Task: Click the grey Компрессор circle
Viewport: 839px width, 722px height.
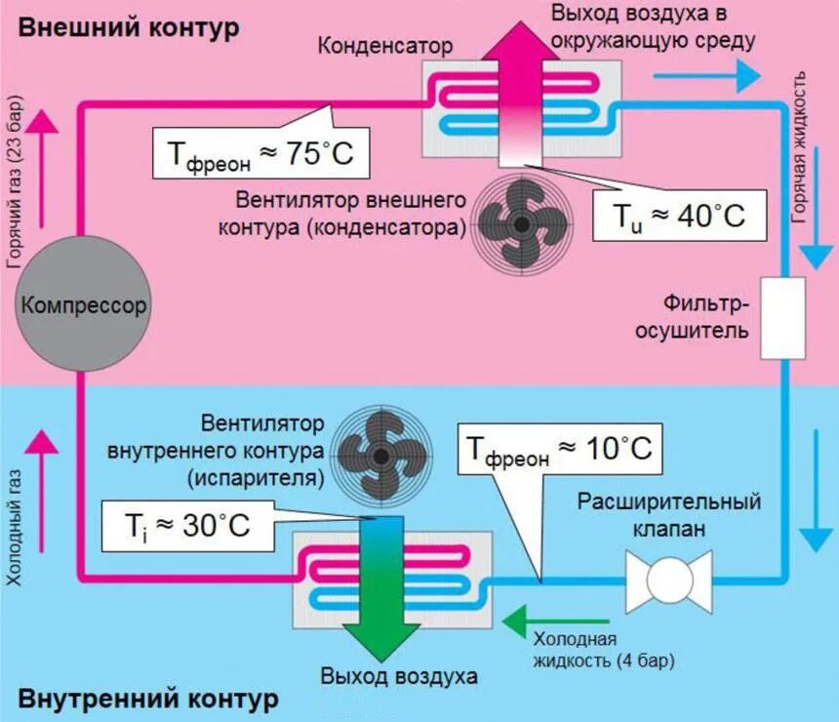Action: pyautogui.click(x=83, y=305)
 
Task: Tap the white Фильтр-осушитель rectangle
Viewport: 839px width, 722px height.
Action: pyautogui.click(x=781, y=318)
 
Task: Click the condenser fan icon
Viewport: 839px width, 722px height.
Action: pyautogui.click(x=522, y=223)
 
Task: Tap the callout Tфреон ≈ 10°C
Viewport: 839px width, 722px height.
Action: pyautogui.click(x=558, y=450)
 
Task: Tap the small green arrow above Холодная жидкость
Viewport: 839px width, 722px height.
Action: pyautogui.click(x=527, y=618)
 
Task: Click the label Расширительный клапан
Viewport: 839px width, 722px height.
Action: pyautogui.click(x=668, y=516)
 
